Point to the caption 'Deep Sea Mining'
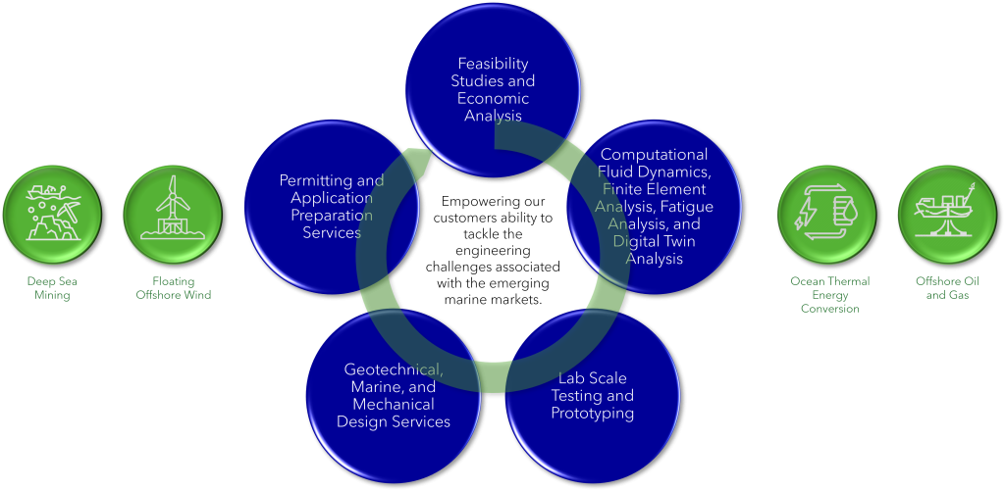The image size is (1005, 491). tap(52, 288)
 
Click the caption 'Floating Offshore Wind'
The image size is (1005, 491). tap(173, 288)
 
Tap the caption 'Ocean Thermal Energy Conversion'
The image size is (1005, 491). tap(830, 294)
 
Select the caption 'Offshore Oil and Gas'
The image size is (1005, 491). tap(947, 288)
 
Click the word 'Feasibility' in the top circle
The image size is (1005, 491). tap(493, 64)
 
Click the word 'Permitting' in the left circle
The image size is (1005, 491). tap(306, 180)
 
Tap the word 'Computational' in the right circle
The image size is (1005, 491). tap(654, 155)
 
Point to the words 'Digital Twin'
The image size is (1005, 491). tap(647, 242)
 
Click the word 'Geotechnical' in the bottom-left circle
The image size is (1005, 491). tap(393, 369)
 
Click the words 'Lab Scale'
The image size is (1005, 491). tap(592, 378)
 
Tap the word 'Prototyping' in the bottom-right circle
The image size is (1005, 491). tap(592, 413)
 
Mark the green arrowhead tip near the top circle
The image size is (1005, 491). tap(410, 152)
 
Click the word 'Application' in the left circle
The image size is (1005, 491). tap(332, 198)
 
